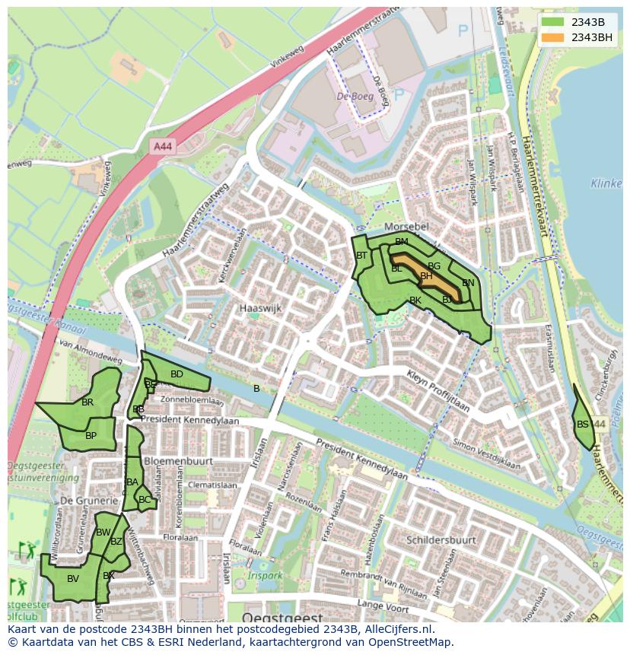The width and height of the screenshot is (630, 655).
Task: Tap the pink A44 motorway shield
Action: (161, 146)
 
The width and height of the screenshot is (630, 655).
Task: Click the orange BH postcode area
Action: (428, 277)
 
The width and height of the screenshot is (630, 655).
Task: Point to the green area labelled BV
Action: (72, 579)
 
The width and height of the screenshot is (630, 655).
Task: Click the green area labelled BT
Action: (362, 256)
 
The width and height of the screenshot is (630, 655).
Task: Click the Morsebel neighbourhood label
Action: (406, 227)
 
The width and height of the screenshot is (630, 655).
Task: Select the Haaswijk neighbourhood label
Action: (260, 308)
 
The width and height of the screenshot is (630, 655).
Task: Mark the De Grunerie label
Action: (89, 501)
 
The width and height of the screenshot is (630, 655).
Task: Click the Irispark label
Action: (263, 575)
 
